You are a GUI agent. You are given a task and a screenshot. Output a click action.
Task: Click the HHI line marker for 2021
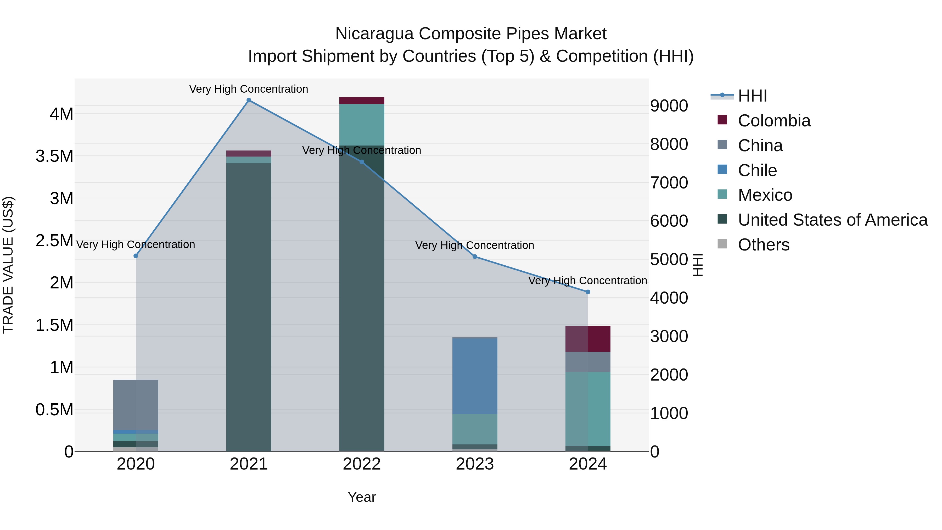249,100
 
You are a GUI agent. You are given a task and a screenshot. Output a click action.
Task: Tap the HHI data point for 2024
588,292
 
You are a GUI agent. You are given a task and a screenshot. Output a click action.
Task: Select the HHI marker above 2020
136,256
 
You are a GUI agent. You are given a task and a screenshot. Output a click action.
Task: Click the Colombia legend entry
774,121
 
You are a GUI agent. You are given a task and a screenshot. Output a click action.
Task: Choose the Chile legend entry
757,170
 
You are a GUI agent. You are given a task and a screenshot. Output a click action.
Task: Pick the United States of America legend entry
832,220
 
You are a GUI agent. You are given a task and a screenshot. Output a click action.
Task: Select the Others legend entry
763,245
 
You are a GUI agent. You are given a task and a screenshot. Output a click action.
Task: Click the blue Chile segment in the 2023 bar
475,376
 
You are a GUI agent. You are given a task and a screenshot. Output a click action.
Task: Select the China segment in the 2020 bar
136,405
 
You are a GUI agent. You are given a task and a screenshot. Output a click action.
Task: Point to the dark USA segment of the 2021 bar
249,307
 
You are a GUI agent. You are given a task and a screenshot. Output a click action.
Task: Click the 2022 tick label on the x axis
362,464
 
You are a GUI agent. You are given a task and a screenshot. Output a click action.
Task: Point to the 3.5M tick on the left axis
54,156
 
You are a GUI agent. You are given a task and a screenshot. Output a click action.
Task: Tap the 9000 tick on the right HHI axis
669,106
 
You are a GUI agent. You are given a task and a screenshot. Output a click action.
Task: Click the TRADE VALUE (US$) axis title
8,265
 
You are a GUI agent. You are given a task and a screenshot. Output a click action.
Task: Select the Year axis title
362,497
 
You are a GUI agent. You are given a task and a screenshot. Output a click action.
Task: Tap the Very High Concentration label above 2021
249,89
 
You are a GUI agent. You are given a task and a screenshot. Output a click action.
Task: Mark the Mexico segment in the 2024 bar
588,409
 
